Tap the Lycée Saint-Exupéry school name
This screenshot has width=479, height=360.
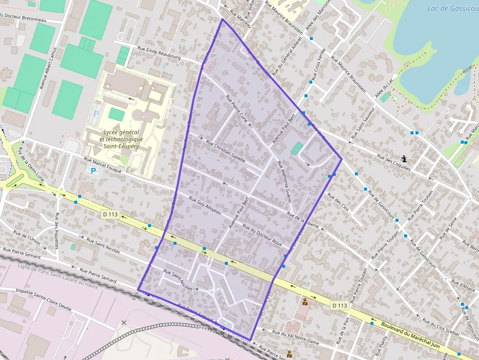pos(121,139)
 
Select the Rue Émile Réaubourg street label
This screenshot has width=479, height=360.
pos(159,53)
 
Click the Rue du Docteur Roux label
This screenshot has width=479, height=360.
pos(262,235)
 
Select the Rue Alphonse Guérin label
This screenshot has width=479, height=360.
pos(284,182)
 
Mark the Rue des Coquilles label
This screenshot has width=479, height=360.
pos(395,163)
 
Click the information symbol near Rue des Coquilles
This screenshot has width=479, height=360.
pos(404,159)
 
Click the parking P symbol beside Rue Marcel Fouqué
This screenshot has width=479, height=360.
pos(93,171)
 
